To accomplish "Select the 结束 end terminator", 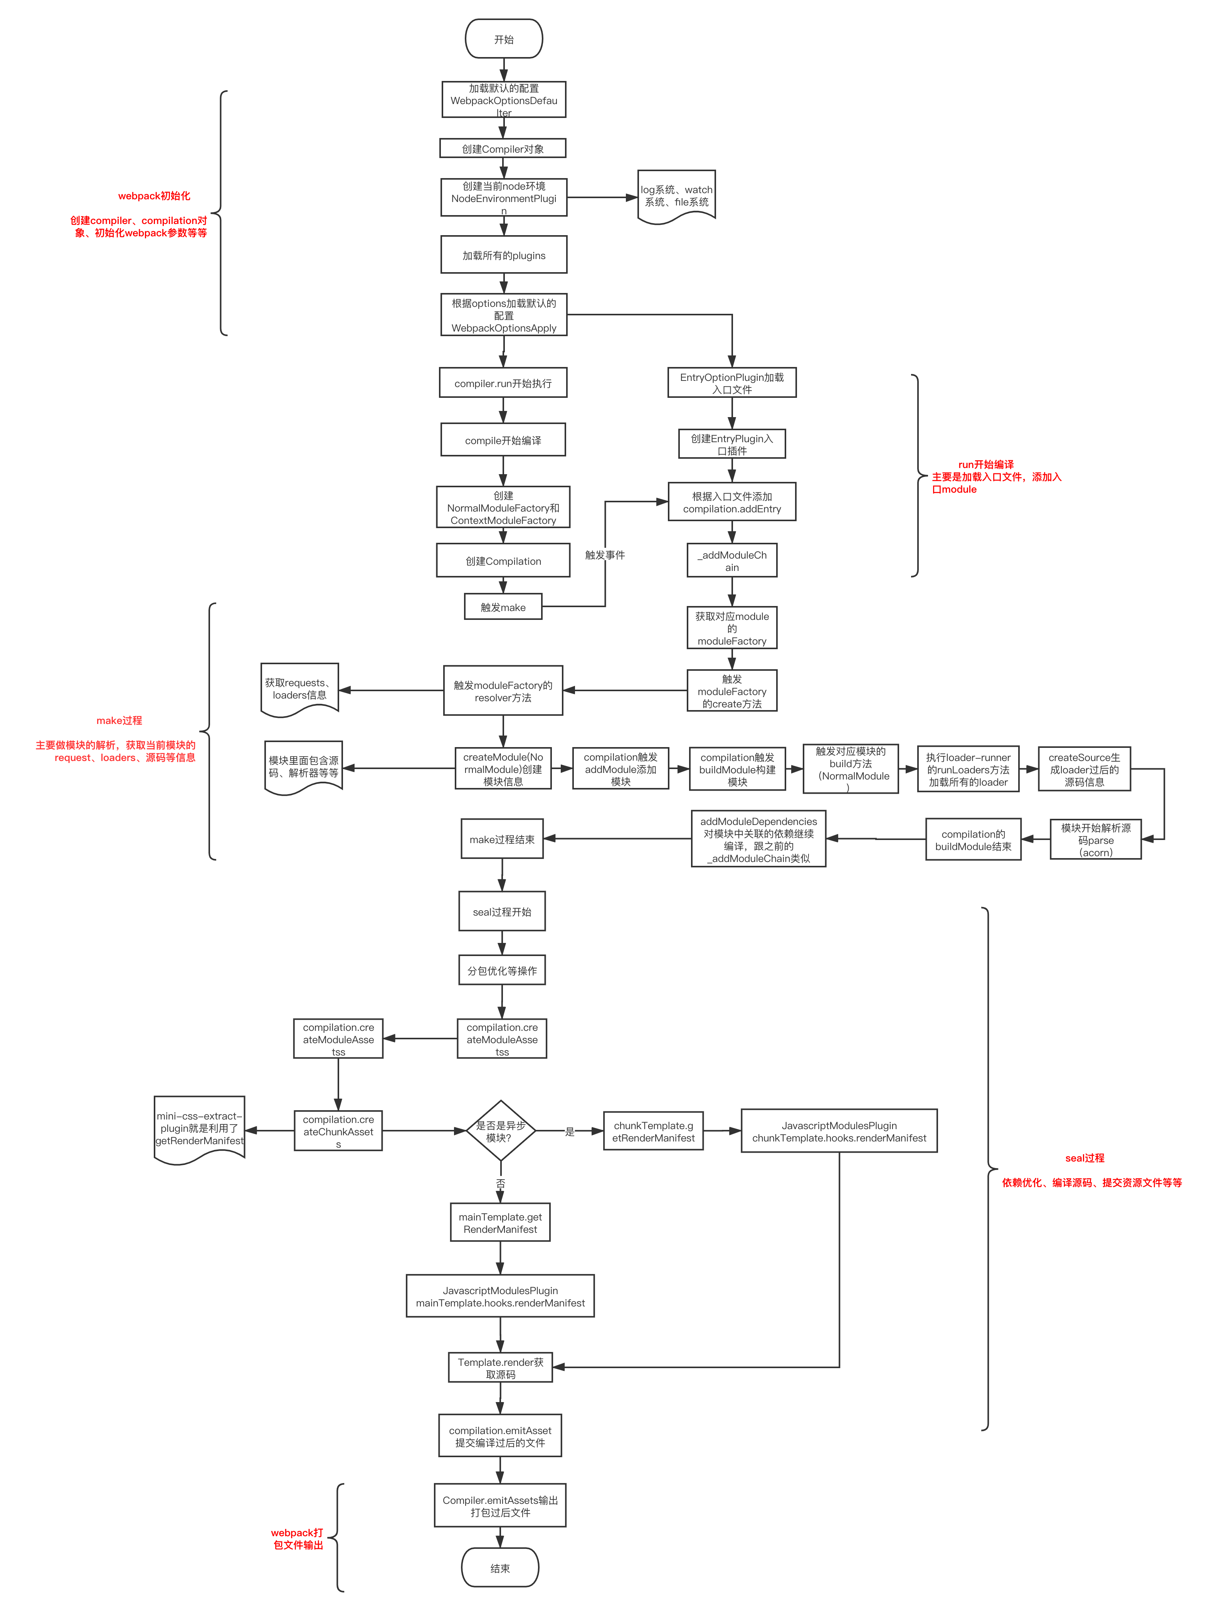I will tap(500, 1568).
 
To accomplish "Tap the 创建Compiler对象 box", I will tap(503, 149).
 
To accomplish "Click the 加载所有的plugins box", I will tap(503, 255).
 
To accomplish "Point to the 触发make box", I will tap(503, 607).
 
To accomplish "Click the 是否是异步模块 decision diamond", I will tap(501, 1131).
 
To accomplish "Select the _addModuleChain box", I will tap(731, 560).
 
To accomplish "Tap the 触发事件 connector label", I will tap(605, 554).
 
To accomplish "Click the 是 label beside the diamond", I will tap(570, 1131).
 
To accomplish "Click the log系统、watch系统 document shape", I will tap(676, 195).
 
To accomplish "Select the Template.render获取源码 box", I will tap(501, 1368).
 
